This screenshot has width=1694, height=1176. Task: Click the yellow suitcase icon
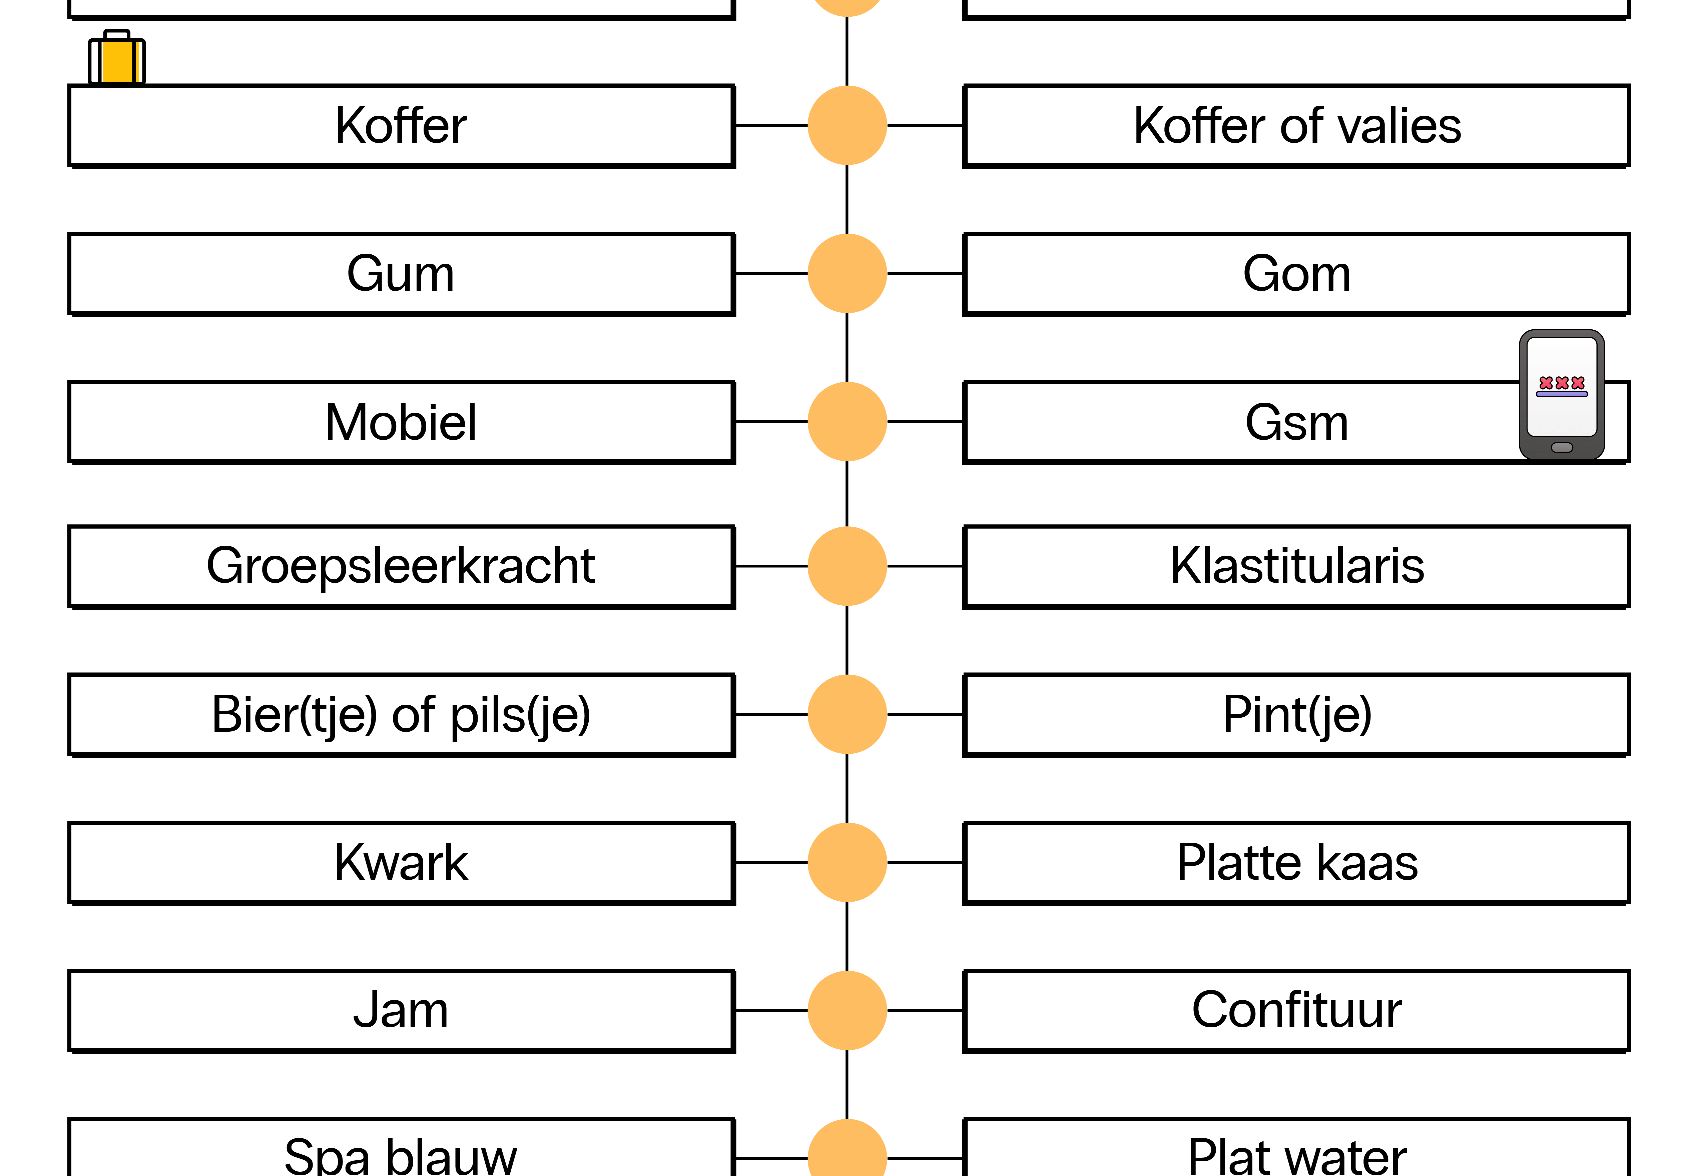pyautogui.click(x=116, y=57)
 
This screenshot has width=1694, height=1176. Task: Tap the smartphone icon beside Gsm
pyautogui.click(x=1561, y=395)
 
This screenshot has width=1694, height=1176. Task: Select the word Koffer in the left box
pyautogui.click(x=401, y=125)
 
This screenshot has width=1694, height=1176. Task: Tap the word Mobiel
pyautogui.click(x=401, y=422)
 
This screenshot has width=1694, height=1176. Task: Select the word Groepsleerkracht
pyautogui.click(x=401, y=566)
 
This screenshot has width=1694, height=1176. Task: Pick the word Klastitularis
pyautogui.click(x=1297, y=566)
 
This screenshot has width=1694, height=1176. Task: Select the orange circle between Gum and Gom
pyautogui.click(x=847, y=273)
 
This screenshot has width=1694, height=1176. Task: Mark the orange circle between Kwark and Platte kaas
pyautogui.click(x=847, y=862)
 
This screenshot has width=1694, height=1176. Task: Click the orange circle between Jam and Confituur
pyautogui.click(x=847, y=1010)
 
